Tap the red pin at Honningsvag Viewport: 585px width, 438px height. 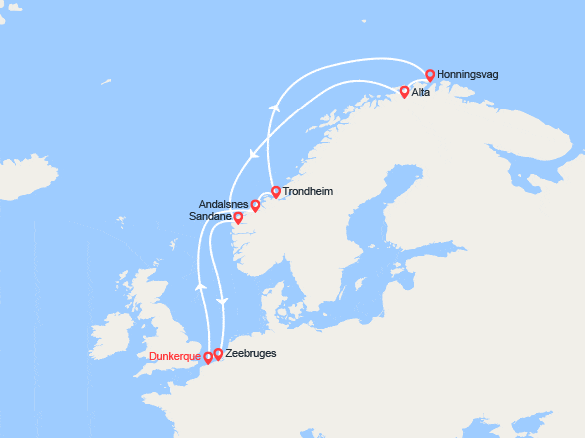(x=430, y=75)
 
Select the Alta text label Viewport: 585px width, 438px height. (x=424, y=93)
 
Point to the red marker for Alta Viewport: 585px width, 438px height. (x=404, y=92)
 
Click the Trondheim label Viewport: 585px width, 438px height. (x=308, y=191)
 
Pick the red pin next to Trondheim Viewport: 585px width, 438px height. (x=275, y=191)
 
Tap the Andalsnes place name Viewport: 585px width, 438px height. (x=224, y=204)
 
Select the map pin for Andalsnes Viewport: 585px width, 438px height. (x=255, y=206)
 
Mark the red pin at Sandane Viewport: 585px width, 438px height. (x=238, y=217)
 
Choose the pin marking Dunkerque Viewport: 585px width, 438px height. (x=207, y=357)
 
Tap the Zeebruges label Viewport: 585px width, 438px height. (x=251, y=353)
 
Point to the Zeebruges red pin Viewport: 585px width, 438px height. (x=219, y=353)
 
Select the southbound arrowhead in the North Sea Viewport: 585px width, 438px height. (x=222, y=300)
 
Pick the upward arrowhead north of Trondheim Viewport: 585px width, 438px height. (x=271, y=104)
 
